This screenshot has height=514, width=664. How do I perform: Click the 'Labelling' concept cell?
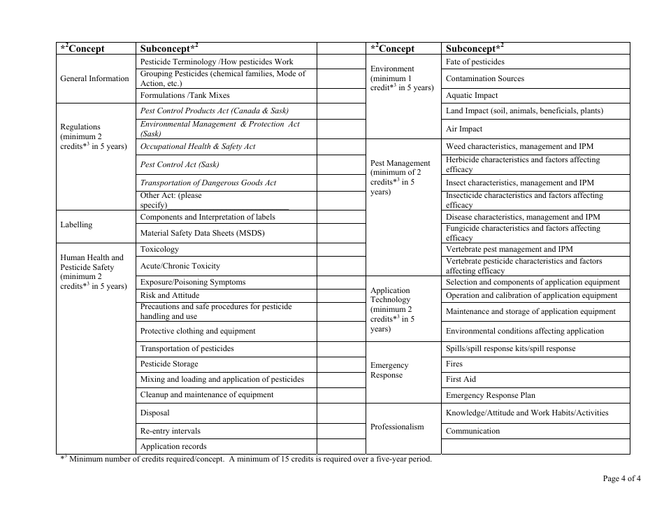pyautogui.click(x=76, y=224)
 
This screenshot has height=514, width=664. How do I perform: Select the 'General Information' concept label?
pyautogui.click(x=94, y=78)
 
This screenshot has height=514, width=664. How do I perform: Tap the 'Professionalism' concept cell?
pyautogui.click(x=397, y=427)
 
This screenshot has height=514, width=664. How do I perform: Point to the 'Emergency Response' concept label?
pyautogui.click(x=389, y=370)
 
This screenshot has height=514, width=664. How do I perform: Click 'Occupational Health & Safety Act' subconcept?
pyautogui.click(x=198, y=147)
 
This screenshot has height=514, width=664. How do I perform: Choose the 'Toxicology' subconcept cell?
pyautogui.click(x=159, y=249)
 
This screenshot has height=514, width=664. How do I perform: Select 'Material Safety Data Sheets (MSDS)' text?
pyautogui.click(x=202, y=234)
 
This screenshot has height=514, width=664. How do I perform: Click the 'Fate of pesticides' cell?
pyautogui.click(x=475, y=62)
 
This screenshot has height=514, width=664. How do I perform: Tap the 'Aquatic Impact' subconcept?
pyautogui.click(x=472, y=95)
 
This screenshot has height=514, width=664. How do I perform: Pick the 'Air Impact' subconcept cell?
pyautogui.click(x=464, y=129)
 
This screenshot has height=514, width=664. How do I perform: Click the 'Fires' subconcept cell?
pyautogui.click(x=454, y=364)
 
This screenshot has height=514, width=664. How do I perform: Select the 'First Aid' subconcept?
pyautogui.click(x=461, y=379)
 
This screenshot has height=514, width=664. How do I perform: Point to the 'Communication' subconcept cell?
pyautogui.click(x=472, y=431)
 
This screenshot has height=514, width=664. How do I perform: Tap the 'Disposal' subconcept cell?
pyautogui.click(x=154, y=413)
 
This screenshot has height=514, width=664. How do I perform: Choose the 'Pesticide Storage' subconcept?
pyautogui.click(x=169, y=364)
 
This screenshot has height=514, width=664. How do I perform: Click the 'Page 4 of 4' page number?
pyautogui.click(x=621, y=479)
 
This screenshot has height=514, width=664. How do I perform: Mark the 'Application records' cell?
pyautogui.click(x=173, y=446)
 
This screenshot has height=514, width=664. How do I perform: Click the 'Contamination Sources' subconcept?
pyautogui.click(x=484, y=78)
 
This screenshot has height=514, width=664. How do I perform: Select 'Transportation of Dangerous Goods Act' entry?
pyautogui.click(x=208, y=183)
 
